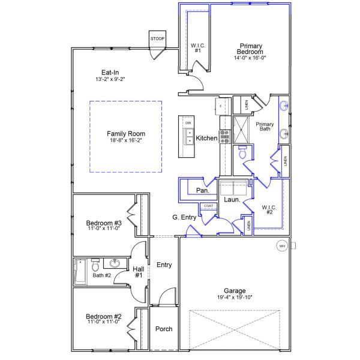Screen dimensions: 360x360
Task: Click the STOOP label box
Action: pyautogui.click(x=157, y=39)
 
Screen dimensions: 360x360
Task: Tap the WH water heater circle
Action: pyautogui.click(x=282, y=245)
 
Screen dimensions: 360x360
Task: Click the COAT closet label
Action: pyautogui.click(x=208, y=206)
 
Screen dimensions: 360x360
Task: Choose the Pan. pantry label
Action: pyautogui.click(x=203, y=190)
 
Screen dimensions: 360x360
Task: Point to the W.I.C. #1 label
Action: pyautogui.click(x=198, y=47)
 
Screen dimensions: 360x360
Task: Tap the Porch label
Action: pyautogui.click(x=164, y=329)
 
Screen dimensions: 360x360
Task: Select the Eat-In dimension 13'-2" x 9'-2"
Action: pyautogui.click(x=110, y=79)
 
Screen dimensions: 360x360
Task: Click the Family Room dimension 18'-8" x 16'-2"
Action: pyautogui.click(x=126, y=140)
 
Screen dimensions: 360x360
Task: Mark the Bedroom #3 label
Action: pyautogui.click(x=104, y=225)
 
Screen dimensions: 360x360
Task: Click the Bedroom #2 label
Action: pyautogui.click(x=104, y=317)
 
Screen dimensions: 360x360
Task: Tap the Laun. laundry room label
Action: pyautogui.click(x=232, y=199)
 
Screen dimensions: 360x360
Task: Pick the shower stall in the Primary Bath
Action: pyautogui.click(x=241, y=127)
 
